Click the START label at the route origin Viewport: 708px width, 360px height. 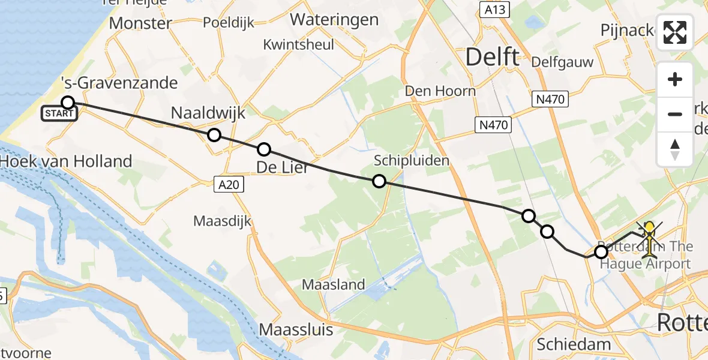(x=59, y=113)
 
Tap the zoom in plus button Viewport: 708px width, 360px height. (x=675, y=80)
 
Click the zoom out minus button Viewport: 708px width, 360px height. (x=675, y=114)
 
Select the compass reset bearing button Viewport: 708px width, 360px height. (x=675, y=149)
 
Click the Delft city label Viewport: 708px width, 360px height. (x=492, y=58)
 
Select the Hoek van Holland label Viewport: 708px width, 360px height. (x=66, y=161)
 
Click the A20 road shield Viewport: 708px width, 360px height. (x=229, y=185)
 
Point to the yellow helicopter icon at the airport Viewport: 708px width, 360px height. (x=649, y=239)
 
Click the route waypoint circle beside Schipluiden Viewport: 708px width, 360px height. (x=379, y=181)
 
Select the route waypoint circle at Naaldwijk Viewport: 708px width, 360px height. (x=214, y=135)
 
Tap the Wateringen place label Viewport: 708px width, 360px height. (x=334, y=19)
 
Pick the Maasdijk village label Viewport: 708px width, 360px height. (x=222, y=221)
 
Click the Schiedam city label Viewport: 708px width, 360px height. (x=574, y=344)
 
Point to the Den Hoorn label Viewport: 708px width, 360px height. (x=440, y=91)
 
